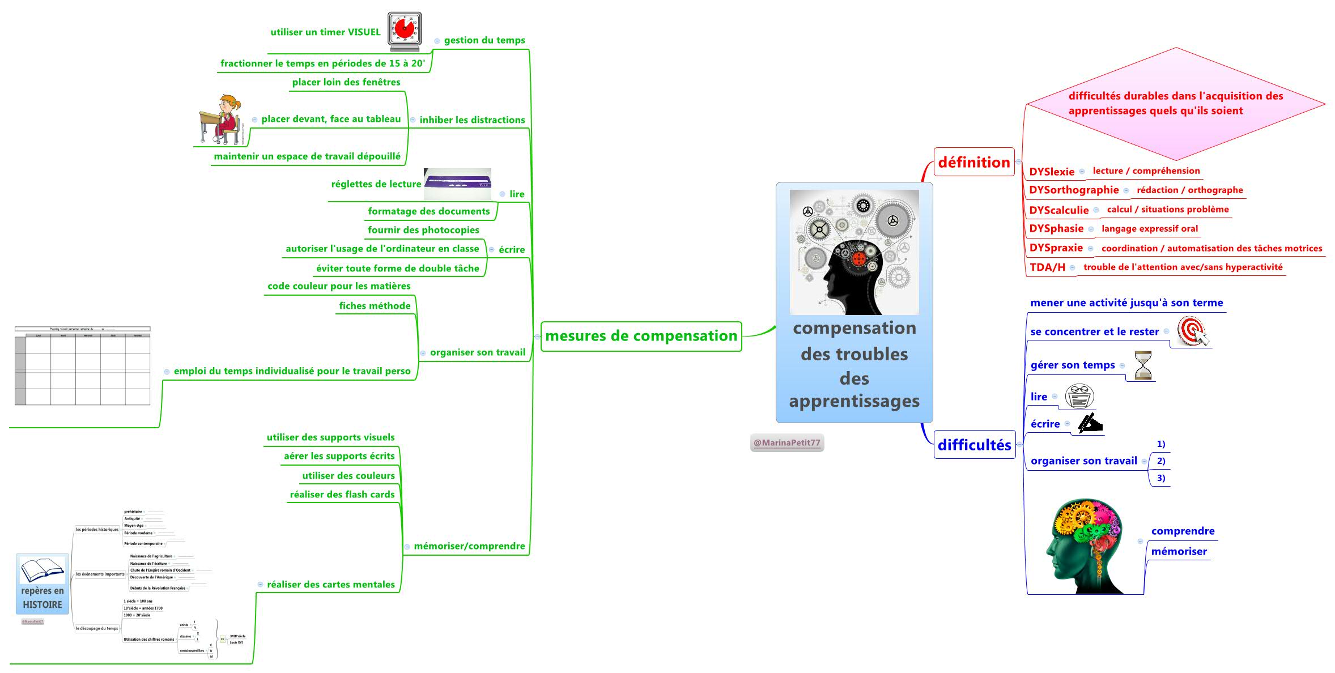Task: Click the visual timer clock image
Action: [x=405, y=31]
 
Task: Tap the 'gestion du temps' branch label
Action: [x=484, y=40]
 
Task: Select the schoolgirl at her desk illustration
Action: [x=220, y=120]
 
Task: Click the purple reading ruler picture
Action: [x=457, y=184]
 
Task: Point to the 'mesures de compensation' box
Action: [x=641, y=336]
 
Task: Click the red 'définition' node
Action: [x=973, y=162]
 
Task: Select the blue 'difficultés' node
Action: [x=974, y=445]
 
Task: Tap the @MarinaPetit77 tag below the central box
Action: [x=786, y=442]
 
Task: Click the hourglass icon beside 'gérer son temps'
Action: [x=1143, y=366]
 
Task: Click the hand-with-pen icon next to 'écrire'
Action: [x=1090, y=423]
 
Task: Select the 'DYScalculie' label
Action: [x=1058, y=210]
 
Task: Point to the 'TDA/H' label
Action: [x=1047, y=267]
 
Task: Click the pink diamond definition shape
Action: [x=1176, y=103]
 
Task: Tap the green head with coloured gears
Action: [x=1084, y=546]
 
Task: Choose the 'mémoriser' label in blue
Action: [x=1179, y=551]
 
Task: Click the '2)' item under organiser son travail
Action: [x=1160, y=461]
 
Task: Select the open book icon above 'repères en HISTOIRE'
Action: [x=42, y=570]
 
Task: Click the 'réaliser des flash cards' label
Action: [x=342, y=495]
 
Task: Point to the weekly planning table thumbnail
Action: [x=83, y=366]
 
